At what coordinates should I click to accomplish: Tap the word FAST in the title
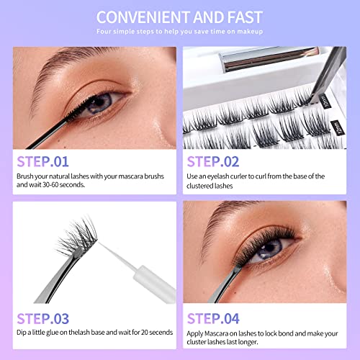click(x=244, y=16)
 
